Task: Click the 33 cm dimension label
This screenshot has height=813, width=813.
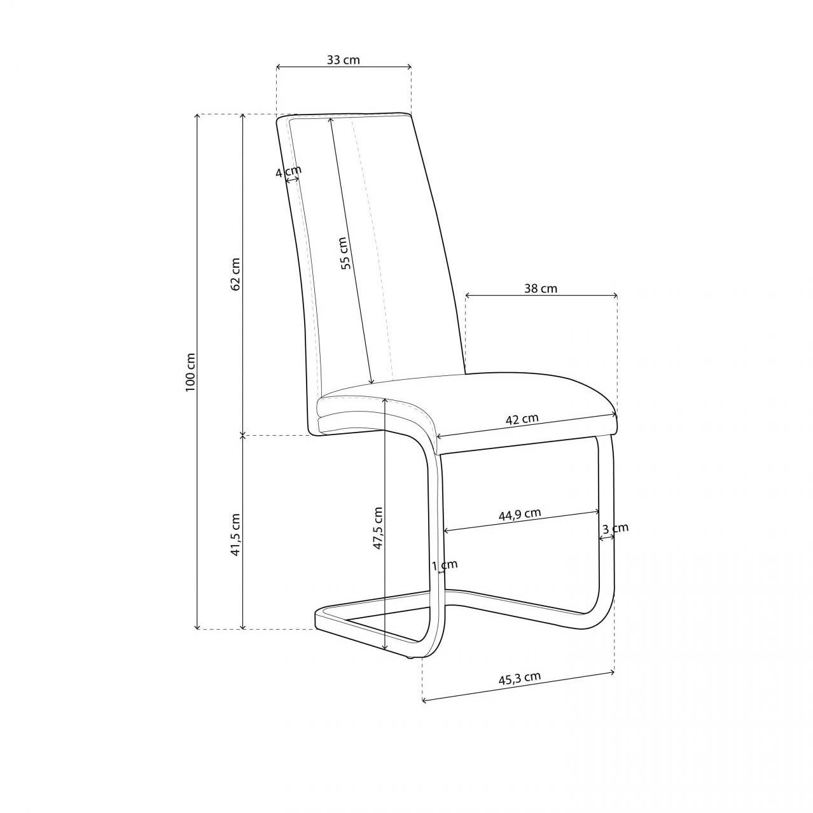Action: tap(343, 60)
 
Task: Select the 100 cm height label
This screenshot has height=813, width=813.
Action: tap(190, 372)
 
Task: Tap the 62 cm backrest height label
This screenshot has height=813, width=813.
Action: tap(235, 274)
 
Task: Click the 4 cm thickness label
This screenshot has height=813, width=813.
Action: tap(288, 172)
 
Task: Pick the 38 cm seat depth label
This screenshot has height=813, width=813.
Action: tap(541, 288)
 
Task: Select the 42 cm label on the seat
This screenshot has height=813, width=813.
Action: tap(522, 419)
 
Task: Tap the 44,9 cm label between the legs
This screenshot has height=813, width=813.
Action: tap(520, 514)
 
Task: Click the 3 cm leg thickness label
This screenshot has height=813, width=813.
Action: tap(615, 529)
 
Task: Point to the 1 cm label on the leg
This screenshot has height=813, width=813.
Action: tap(444, 565)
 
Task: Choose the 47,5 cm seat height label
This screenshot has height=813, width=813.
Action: tap(377, 528)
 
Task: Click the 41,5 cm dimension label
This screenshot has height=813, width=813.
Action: tap(235, 534)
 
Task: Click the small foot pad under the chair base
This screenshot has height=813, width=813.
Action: tap(410, 656)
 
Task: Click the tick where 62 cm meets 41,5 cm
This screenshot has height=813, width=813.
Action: tap(242, 435)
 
